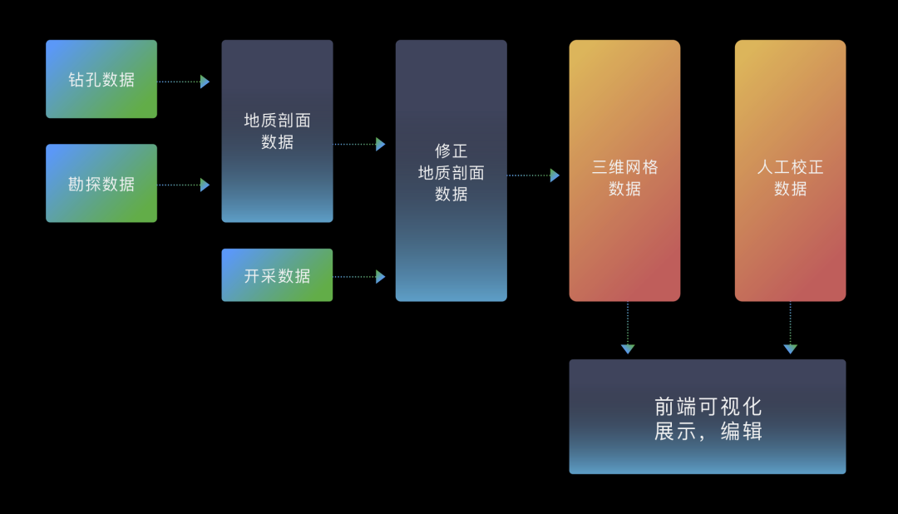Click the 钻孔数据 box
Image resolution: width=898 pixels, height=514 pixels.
click(x=101, y=79)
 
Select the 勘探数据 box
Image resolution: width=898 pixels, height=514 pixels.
click(x=101, y=184)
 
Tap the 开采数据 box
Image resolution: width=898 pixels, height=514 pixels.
click(x=277, y=275)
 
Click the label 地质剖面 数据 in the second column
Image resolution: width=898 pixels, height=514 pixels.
click(x=277, y=131)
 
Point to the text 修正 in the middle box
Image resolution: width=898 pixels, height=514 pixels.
click(x=451, y=151)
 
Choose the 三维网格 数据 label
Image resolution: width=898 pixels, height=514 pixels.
click(x=624, y=177)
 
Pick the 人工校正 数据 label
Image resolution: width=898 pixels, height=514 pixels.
click(x=790, y=177)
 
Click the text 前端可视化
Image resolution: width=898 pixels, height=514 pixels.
click(x=708, y=407)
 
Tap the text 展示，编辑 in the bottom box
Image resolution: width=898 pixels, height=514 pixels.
click(x=708, y=432)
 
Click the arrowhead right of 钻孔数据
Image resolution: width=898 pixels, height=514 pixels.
click(x=205, y=82)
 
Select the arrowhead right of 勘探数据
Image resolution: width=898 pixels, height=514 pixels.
click(x=205, y=185)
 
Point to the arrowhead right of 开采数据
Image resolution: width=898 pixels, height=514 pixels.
click(x=381, y=277)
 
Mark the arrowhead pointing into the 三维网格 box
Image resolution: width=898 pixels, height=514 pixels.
click(x=555, y=175)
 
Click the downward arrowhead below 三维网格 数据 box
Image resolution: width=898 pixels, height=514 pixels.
click(x=628, y=348)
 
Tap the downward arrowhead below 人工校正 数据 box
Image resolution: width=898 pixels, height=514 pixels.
click(x=790, y=348)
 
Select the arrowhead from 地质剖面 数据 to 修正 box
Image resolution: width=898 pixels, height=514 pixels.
click(x=381, y=144)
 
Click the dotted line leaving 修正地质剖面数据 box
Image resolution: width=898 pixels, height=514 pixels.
click(x=528, y=175)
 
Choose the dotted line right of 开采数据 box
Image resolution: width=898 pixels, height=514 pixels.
click(x=354, y=277)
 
